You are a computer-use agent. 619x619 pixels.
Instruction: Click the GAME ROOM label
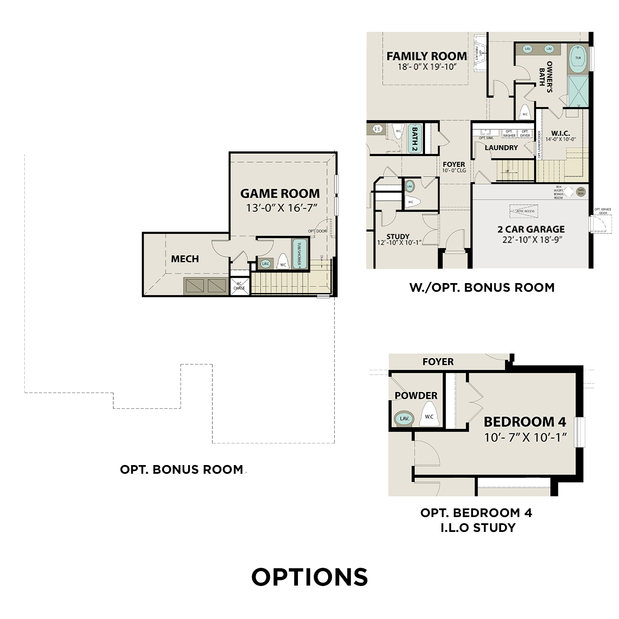point(280,194)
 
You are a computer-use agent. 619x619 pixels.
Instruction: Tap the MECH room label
point(185,259)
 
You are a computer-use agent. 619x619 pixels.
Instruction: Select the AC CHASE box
point(239,286)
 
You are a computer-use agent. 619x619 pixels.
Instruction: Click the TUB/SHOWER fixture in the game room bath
point(300,254)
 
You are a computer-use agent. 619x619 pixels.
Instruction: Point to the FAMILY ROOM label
point(426,56)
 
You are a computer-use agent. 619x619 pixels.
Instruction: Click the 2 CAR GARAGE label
point(531,229)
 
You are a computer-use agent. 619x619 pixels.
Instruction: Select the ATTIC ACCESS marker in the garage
point(525,211)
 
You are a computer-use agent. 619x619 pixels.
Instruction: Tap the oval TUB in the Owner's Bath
point(578,58)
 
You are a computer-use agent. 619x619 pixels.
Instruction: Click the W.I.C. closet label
point(560,133)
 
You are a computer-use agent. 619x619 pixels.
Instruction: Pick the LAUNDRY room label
point(501,148)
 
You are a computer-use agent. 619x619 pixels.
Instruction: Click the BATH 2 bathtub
point(415,138)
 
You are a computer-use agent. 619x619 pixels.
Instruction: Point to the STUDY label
point(398,236)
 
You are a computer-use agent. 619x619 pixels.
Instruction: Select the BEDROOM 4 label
point(525,422)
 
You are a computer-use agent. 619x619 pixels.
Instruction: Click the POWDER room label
point(416,395)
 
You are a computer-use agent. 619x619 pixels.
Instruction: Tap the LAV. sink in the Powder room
point(404,418)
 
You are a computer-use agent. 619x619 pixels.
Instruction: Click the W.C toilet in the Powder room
point(429,415)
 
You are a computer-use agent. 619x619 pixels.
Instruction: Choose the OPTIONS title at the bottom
point(309,577)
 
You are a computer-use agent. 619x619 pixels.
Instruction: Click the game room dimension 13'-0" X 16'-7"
point(281,208)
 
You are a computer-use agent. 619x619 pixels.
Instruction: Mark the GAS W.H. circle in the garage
point(581,192)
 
